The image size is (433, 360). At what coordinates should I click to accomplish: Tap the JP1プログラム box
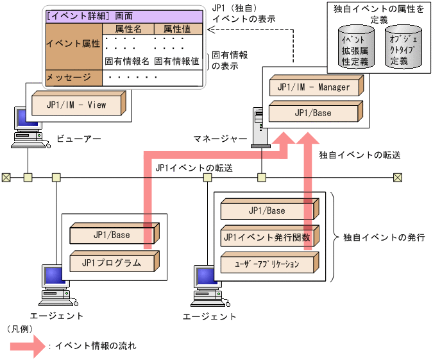(112, 262)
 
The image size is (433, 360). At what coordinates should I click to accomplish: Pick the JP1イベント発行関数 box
(266, 237)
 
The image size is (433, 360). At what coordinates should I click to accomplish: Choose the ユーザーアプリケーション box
(266, 263)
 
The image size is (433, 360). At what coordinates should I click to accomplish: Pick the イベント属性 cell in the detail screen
(72, 44)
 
